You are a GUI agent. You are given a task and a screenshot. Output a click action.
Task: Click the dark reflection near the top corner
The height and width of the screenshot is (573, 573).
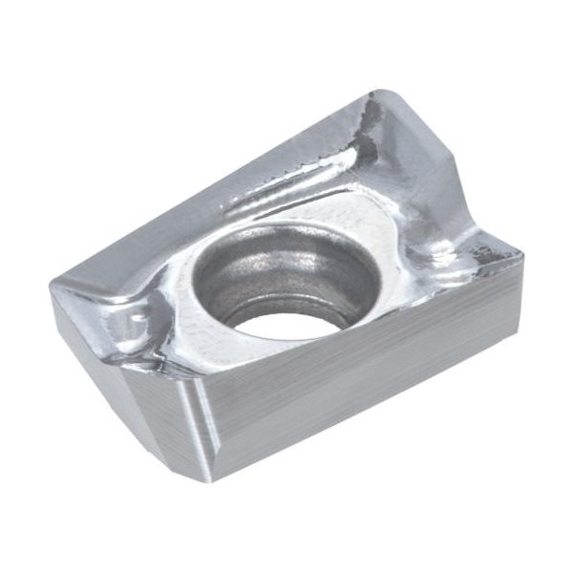(368, 129)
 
